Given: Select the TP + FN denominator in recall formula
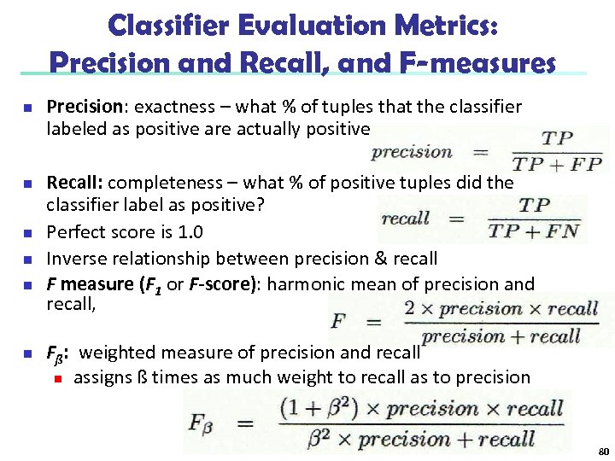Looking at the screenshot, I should [534, 230].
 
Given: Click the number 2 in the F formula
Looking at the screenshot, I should [411, 309].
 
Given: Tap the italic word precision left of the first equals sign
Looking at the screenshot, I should [412, 153].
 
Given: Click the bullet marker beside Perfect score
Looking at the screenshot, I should [27, 233].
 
